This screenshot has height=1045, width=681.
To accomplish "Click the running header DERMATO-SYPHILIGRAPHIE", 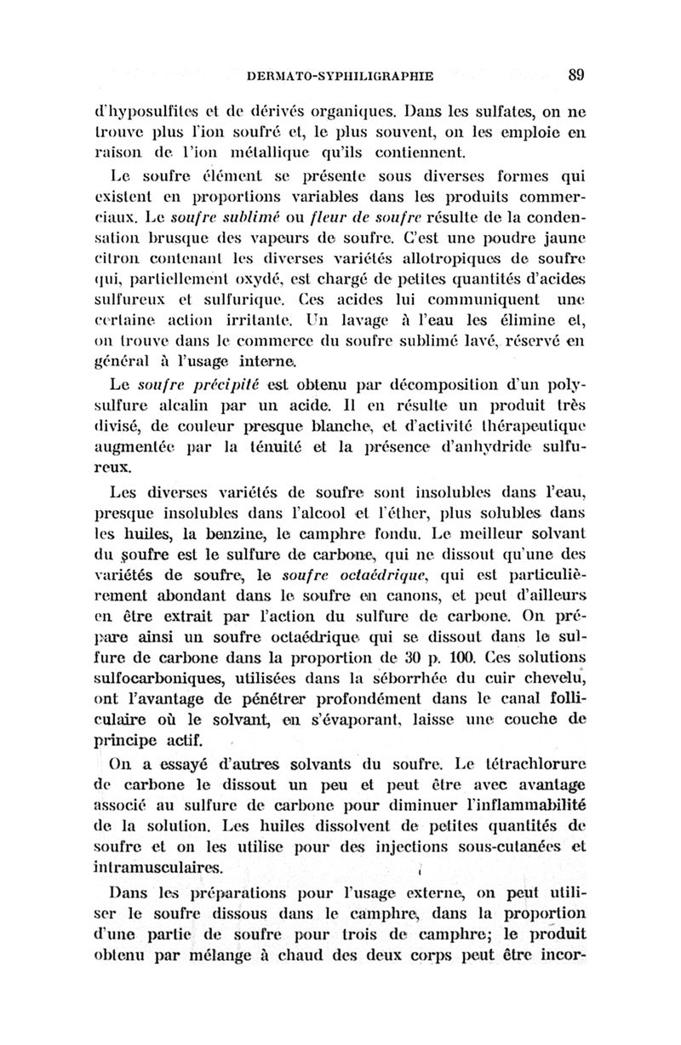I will coord(340,76).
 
